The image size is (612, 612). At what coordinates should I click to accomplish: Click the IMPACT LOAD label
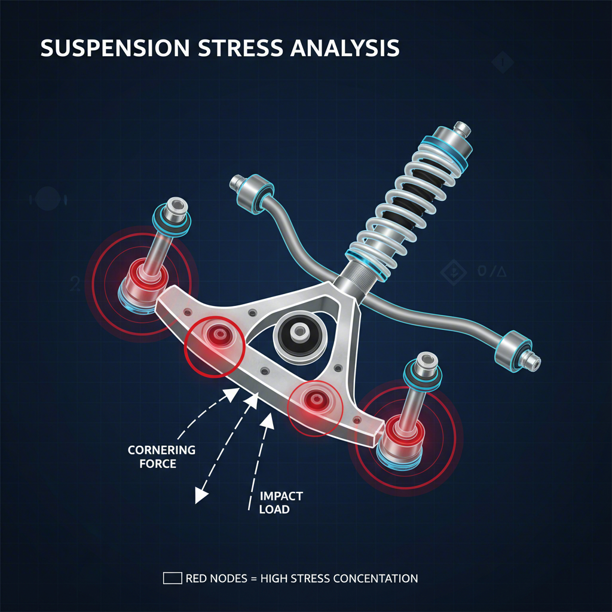point(281,503)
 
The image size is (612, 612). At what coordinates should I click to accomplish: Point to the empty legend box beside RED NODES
point(172,578)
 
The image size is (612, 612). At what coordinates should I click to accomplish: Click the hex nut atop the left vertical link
point(178,206)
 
